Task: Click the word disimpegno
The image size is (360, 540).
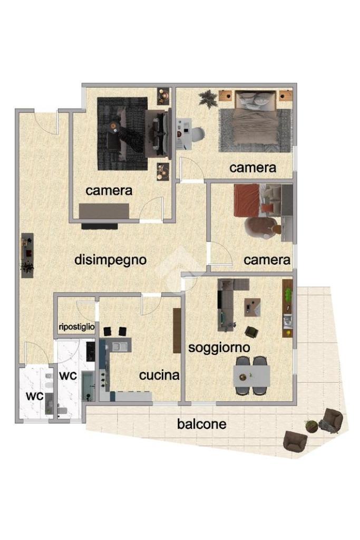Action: (x=111, y=260)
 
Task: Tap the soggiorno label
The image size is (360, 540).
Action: (x=219, y=348)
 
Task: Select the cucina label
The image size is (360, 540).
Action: (x=159, y=375)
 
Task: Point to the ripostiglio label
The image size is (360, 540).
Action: (x=77, y=327)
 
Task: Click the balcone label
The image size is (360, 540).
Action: (x=202, y=423)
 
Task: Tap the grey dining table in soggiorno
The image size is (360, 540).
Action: (x=251, y=375)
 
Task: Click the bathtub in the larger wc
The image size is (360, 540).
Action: (x=87, y=385)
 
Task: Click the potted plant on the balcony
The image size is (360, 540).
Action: (x=312, y=426)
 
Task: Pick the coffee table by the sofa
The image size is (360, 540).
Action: (x=252, y=307)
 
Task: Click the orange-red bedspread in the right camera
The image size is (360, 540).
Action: (x=247, y=200)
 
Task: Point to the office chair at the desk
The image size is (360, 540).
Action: (x=197, y=134)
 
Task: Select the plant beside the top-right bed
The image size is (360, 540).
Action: (x=208, y=99)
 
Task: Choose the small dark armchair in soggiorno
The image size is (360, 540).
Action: (x=252, y=332)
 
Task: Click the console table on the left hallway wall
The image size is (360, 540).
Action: (x=27, y=255)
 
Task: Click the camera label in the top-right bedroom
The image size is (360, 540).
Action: (x=252, y=168)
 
